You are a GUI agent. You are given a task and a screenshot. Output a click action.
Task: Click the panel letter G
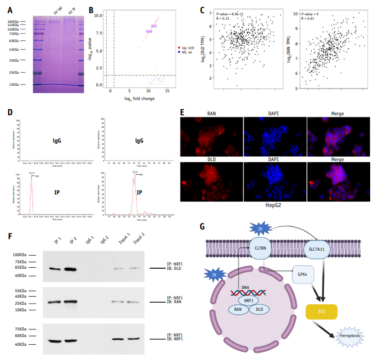202,225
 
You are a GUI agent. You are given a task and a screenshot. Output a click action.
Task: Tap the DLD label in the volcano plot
154,25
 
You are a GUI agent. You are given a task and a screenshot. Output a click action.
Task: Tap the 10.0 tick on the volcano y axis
98,15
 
